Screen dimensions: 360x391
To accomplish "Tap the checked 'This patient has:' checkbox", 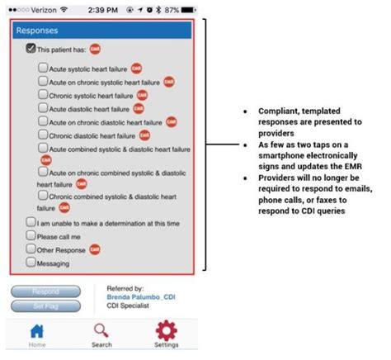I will (x=31, y=50).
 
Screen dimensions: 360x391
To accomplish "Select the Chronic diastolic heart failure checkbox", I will (x=43, y=135).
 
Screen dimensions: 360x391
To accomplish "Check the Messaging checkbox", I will (x=31, y=263).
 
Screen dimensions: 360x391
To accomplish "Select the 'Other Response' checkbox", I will (x=31, y=249).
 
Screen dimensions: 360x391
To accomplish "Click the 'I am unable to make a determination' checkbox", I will (x=31, y=221).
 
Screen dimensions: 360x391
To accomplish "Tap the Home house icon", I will (x=37, y=330).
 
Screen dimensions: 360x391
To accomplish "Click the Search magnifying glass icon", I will (x=101, y=330).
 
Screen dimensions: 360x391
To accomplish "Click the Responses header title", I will (x=37, y=31).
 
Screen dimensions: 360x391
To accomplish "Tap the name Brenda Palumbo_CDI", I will (x=141, y=296).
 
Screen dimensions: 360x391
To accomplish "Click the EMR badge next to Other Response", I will (x=95, y=249).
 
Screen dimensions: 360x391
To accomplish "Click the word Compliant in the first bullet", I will (x=273, y=110).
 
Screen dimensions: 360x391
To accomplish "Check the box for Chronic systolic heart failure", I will (x=43, y=95).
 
